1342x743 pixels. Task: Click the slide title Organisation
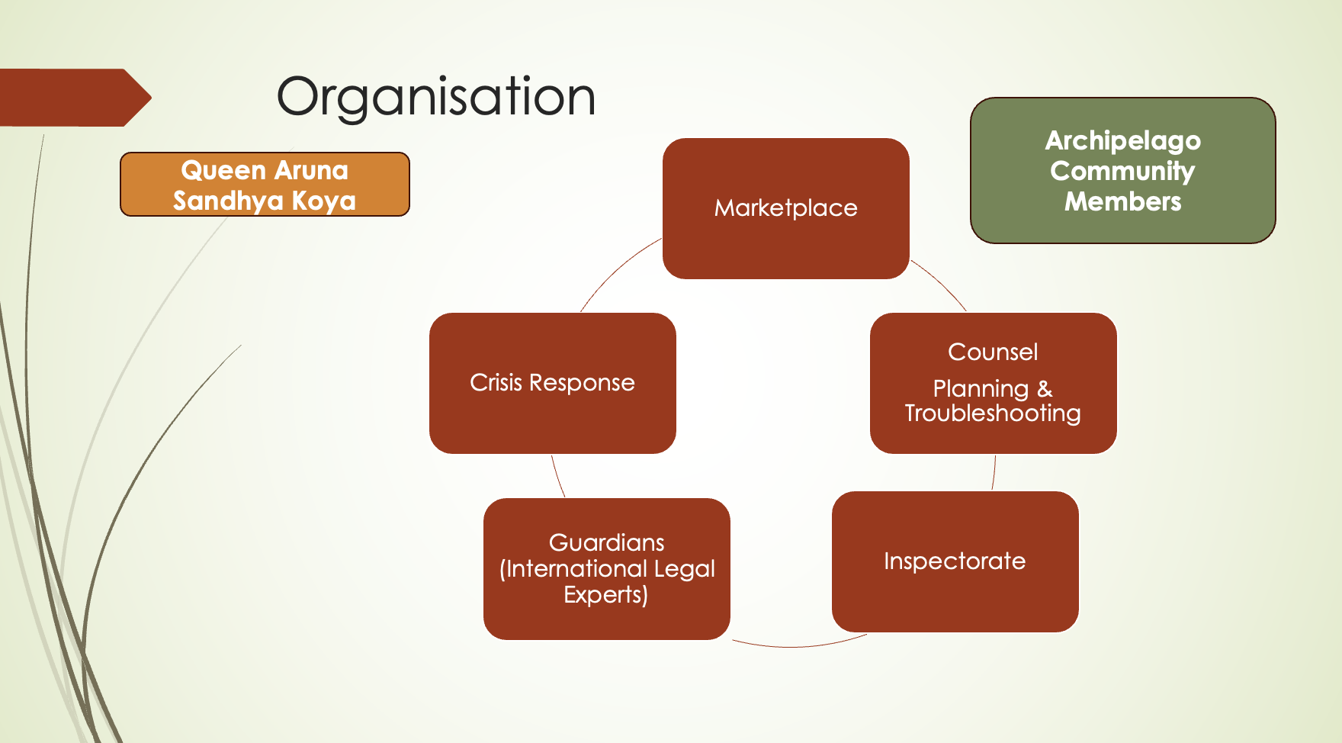point(435,98)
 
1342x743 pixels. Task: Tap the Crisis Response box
point(552,382)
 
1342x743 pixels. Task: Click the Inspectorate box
point(955,561)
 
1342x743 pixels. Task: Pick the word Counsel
point(993,352)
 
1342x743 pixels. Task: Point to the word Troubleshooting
point(993,413)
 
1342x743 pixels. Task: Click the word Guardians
point(606,542)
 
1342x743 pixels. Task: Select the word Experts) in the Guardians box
point(605,595)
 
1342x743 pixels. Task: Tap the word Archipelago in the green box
point(1122,140)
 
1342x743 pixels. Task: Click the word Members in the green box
point(1122,201)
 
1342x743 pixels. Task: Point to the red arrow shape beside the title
point(72,98)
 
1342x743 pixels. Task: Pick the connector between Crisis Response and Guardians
point(557,477)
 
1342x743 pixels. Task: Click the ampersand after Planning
point(1045,389)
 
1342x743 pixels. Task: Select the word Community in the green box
point(1122,171)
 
